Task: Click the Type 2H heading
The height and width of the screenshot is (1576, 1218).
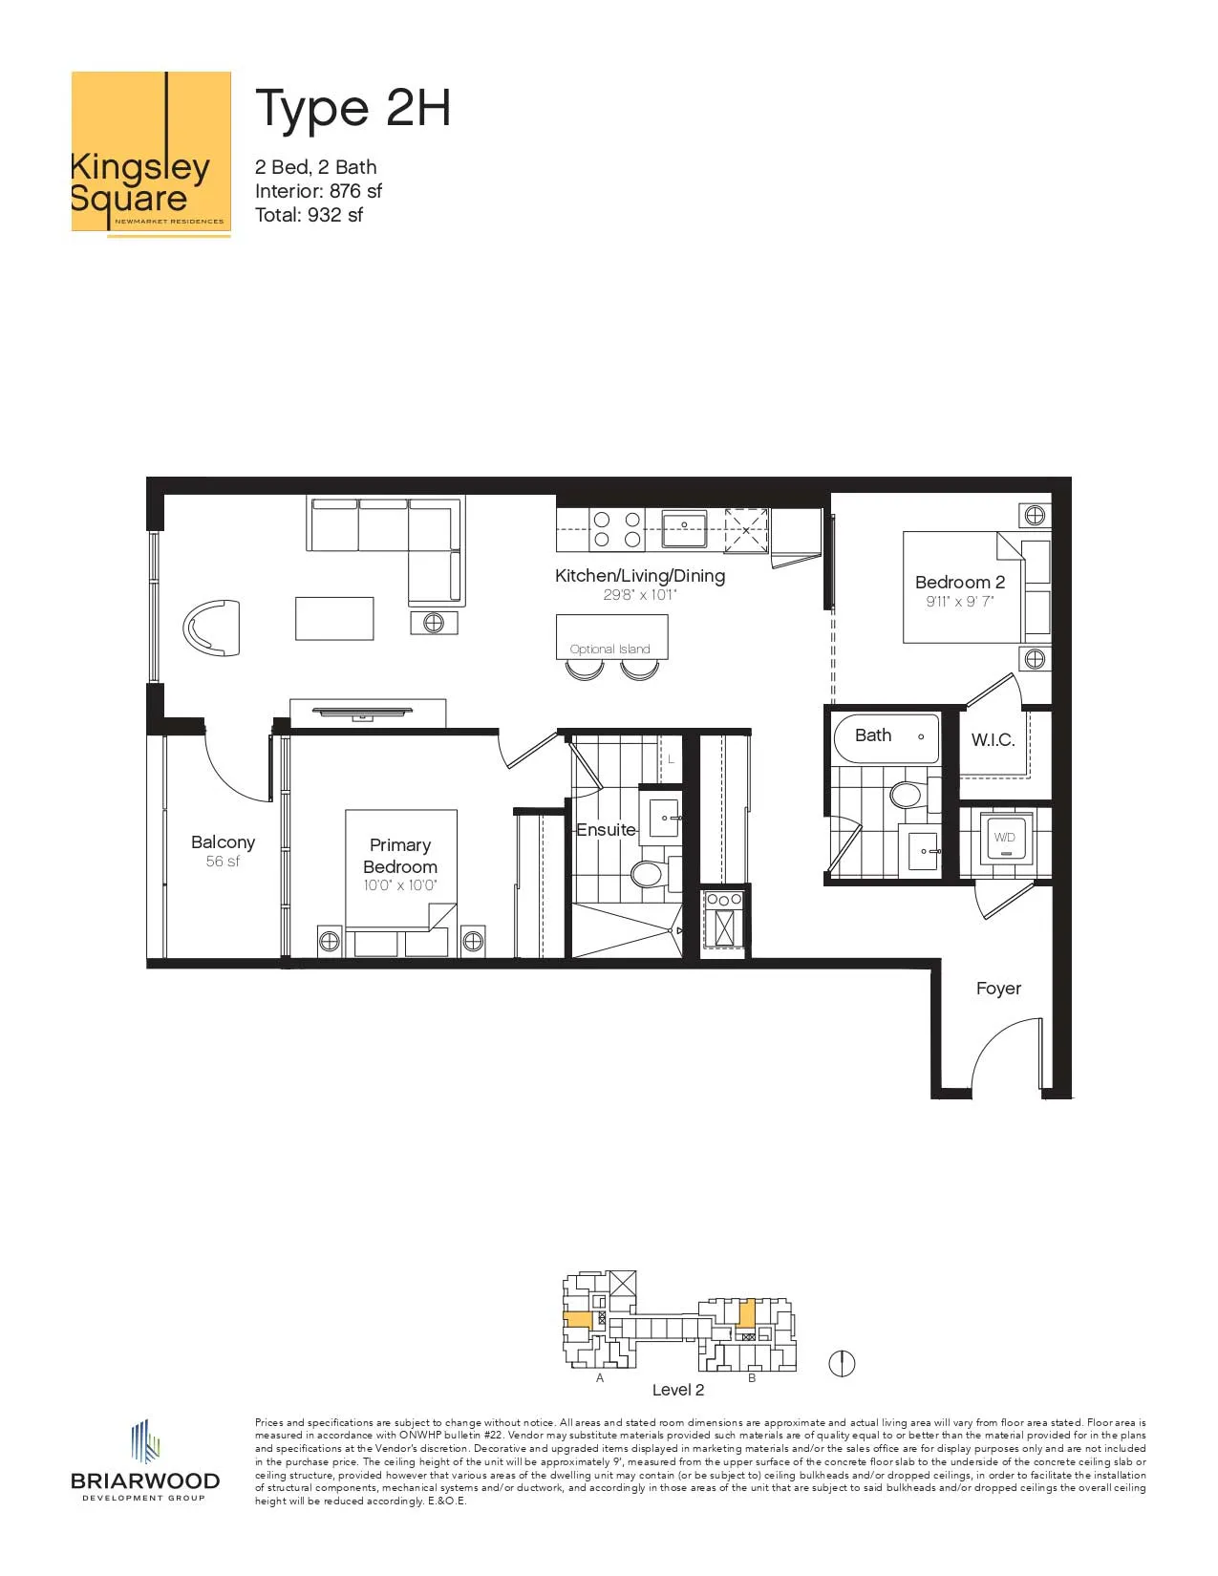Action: click(353, 109)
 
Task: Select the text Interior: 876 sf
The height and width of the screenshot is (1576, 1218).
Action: click(318, 191)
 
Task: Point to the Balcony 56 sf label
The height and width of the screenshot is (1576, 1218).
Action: click(223, 851)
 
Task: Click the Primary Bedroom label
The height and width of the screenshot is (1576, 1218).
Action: click(399, 856)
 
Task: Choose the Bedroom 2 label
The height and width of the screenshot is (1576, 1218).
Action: click(960, 582)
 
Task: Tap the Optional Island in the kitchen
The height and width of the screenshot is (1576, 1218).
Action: click(611, 636)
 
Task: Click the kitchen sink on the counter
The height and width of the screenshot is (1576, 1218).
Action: click(684, 529)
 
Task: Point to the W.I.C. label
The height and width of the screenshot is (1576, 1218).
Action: click(993, 740)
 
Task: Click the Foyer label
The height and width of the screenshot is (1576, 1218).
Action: click(998, 988)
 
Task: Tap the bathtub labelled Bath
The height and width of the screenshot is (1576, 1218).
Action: click(887, 736)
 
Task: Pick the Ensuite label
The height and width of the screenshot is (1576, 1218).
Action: click(606, 830)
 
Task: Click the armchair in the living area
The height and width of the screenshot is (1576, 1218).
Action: click(212, 628)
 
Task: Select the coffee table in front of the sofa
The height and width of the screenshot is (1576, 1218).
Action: click(334, 618)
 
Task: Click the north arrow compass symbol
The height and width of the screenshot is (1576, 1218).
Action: click(842, 1364)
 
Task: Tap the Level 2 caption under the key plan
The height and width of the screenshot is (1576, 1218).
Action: click(677, 1391)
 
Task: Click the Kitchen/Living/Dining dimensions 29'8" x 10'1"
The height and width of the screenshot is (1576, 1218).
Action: click(639, 595)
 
